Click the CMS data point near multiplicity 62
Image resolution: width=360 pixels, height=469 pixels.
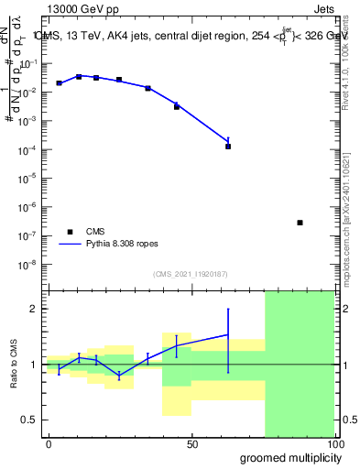(x=228, y=146)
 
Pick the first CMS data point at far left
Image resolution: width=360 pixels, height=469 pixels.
(x=60, y=83)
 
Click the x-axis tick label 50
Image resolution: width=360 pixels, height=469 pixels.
(x=192, y=444)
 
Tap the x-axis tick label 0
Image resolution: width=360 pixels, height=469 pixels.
(x=49, y=444)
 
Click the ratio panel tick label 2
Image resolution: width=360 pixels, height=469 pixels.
(x=34, y=310)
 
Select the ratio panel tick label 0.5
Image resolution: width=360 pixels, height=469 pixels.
(x=30, y=420)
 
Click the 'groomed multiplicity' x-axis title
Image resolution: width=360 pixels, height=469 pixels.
(x=285, y=457)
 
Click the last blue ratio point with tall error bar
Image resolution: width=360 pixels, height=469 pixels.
(x=228, y=335)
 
